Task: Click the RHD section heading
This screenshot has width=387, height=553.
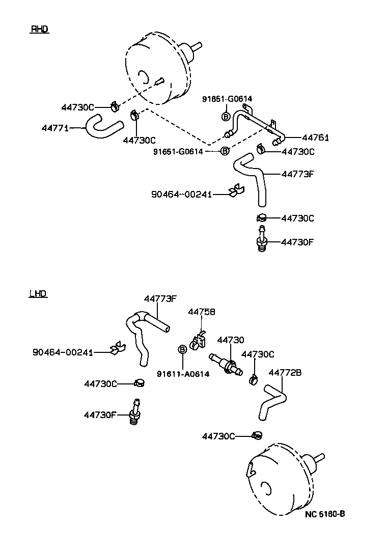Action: click(x=39, y=30)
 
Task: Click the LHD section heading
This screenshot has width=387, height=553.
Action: click(x=38, y=294)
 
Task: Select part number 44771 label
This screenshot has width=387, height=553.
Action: click(x=54, y=128)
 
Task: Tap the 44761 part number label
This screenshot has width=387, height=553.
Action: click(x=315, y=137)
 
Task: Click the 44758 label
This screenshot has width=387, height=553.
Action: click(x=202, y=312)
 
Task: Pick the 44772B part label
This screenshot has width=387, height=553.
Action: click(x=285, y=373)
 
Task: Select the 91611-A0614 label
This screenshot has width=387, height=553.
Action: click(x=183, y=374)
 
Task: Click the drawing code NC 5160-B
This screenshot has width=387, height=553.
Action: click(x=325, y=514)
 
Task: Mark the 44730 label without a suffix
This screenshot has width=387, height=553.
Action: click(x=231, y=340)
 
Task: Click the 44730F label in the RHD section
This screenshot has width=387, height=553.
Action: click(x=297, y=242)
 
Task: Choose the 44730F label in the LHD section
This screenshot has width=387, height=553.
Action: click(x=100, y=415)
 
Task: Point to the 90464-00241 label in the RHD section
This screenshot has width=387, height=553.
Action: click(x=181, y=194)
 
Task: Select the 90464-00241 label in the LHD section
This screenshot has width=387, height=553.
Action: click(x=63, y=352)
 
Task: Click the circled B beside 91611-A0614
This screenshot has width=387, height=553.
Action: click(x=182, y=349)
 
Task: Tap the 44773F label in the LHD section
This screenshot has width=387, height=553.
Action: click(x=160, y=299)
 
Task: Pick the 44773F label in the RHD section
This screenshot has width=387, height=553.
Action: click(x=297, y=174)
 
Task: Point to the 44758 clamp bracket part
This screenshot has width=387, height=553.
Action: click(x=198, y=341)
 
